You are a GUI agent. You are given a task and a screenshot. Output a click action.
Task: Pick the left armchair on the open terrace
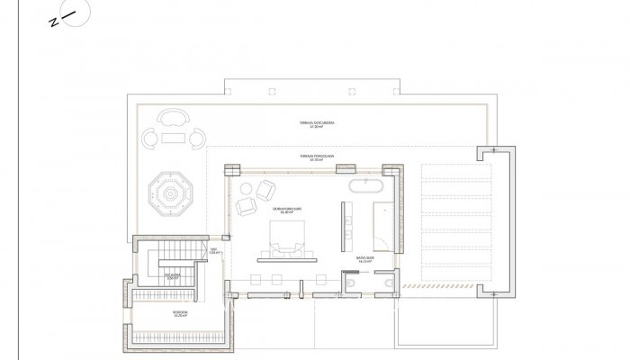point(149,138)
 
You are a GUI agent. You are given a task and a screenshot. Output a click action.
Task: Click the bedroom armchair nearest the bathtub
point(266,190)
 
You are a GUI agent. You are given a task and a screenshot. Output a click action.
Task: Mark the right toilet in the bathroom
point(388,283)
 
